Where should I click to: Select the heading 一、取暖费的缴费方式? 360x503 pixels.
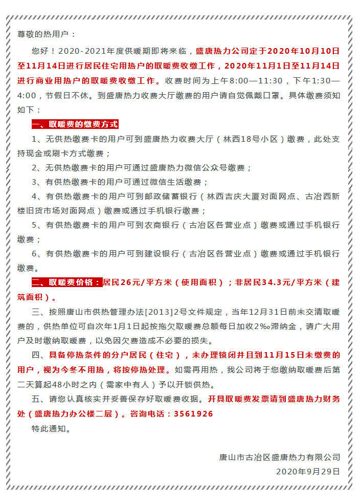point(75,124)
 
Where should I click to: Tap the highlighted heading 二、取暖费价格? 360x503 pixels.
point(66,282)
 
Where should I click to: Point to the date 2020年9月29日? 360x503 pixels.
point(307,471)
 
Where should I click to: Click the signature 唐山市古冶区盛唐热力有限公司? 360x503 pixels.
point(279,457)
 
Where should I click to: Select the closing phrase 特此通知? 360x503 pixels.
point(51,428)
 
